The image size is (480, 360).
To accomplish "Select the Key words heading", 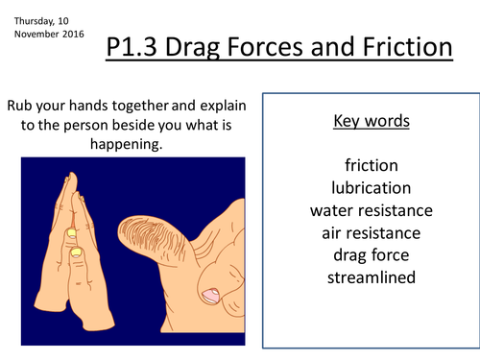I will pyautogui.click(x=370, y=122).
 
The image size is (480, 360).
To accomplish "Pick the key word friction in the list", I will pyautogui.click(x=370, y=164).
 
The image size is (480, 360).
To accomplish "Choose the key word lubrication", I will pyautogui.click(x=370, y=187).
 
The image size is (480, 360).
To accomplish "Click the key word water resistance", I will pyautogui.click(x=370, y=210).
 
